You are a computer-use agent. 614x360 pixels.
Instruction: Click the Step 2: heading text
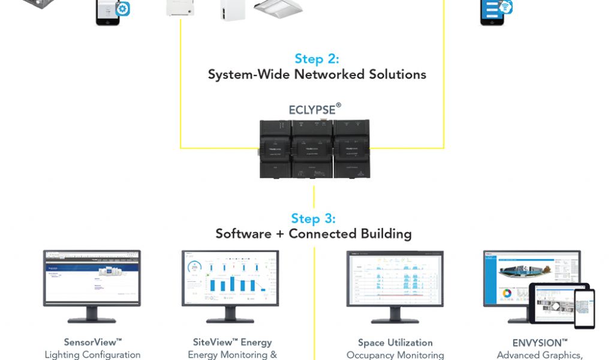[317, 59]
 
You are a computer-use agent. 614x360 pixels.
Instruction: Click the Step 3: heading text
[313, 218]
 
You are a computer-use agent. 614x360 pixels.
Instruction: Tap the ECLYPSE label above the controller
[314, 110]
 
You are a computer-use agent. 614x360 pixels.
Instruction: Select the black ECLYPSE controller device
[314, 149]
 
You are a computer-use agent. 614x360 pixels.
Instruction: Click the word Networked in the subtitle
[327, 75]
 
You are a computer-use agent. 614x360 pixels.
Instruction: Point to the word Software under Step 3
[243, 234]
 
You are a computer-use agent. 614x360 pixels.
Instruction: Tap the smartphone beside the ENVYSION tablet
[584, 308]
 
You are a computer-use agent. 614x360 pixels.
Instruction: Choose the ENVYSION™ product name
[532, 343]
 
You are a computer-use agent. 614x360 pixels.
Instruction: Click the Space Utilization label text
[395, 343]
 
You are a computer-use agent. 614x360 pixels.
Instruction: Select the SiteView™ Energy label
[232, 342]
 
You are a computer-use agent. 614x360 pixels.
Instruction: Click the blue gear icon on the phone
[123, 9]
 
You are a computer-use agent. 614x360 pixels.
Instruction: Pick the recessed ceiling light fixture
[278, 8]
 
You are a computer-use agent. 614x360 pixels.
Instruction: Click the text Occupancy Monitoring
[395, 355]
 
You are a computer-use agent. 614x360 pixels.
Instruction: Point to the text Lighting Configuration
[92, 355]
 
